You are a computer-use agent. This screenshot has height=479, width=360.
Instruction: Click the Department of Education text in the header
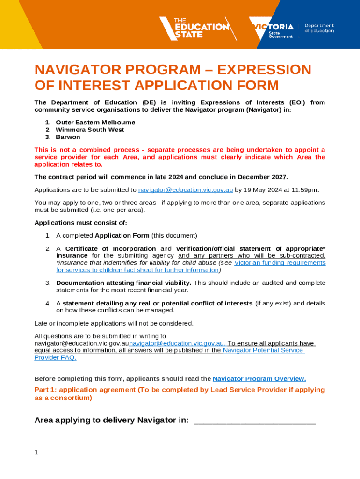coord(319,28)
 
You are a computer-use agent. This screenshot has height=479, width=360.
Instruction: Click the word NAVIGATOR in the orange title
coord(74,70)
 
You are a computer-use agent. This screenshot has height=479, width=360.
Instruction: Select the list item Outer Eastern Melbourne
coord(95,122)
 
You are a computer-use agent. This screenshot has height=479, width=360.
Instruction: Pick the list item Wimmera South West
coord(90,130)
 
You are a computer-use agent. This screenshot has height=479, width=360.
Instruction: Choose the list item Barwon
coord(68,137)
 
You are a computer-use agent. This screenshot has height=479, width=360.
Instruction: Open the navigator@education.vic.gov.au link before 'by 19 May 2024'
coord(186,189)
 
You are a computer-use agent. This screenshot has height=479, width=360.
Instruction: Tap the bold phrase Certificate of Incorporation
coord(110,248)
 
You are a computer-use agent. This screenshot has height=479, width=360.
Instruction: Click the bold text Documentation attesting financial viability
coord(123,283)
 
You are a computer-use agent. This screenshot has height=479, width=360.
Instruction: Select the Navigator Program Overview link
coord(259,378)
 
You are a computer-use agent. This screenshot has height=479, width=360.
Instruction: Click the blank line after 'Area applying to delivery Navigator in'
coord(254,421)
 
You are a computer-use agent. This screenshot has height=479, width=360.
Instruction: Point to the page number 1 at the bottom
coord(36,452)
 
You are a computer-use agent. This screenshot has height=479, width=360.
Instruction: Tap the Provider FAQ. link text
coord(55,357)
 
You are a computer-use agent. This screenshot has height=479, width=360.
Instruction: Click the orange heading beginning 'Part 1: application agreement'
coord(180,393)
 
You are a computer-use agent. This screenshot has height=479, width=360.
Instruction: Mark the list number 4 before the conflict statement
coord(48,303)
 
